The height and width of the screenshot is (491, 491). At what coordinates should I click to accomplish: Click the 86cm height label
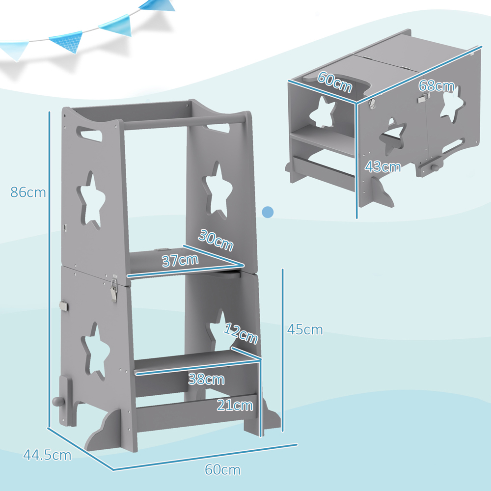click(28, 192)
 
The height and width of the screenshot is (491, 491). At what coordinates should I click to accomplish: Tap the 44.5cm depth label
click(47, 455)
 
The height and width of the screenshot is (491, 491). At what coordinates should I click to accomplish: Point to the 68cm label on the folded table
click(436, 86)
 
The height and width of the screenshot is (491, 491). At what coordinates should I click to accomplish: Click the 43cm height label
click(382, 167)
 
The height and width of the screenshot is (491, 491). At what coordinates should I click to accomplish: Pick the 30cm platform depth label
click(216, 240)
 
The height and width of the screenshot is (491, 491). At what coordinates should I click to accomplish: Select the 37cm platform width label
click(180, 260)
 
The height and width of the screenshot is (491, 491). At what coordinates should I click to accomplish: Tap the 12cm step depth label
click(241, 333)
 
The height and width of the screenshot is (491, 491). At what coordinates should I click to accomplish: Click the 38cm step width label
click(206, 379)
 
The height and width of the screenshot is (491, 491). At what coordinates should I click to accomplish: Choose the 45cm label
click(305, 329)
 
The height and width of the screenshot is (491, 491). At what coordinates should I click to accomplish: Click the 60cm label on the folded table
click(334, 82)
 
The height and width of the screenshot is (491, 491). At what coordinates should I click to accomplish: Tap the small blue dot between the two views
click(268, 212)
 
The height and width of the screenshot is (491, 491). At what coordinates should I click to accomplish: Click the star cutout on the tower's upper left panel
click(92, 200)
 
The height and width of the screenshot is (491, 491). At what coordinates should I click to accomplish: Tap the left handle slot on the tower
click(87, 133)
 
